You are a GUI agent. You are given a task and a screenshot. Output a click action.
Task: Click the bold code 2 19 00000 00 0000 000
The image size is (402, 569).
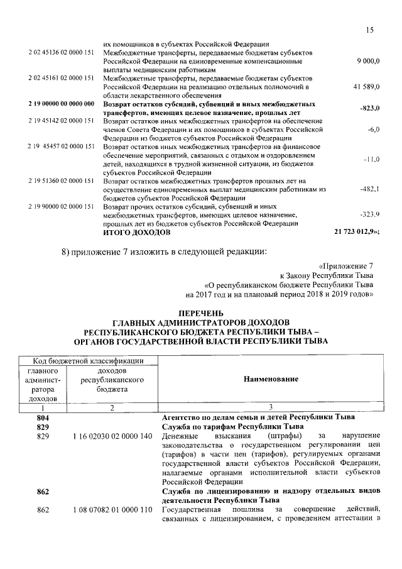[61, 102]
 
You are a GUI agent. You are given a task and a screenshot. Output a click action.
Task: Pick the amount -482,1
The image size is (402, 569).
[368, 189]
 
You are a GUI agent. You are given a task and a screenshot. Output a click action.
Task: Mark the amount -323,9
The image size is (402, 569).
[368, 214]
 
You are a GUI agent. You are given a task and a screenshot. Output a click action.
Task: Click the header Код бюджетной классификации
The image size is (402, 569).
[87, 360]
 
